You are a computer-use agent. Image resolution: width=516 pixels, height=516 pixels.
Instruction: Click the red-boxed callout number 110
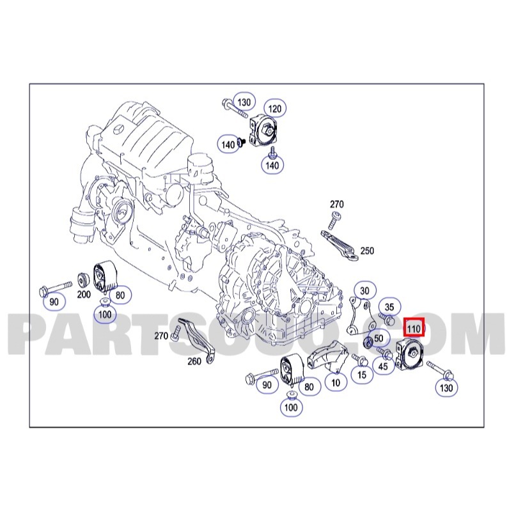point(414,328)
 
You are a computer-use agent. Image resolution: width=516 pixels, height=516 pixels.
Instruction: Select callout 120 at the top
point(275,109)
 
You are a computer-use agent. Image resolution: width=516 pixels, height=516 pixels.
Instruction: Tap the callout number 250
point(367,251)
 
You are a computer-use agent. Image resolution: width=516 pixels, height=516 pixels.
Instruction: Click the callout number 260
point(194,361)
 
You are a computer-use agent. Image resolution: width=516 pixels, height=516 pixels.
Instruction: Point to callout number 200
point(84,294)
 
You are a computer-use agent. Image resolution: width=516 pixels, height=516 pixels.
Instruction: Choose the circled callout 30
point(364,291)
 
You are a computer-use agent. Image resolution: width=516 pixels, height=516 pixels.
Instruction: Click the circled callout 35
point(389,308)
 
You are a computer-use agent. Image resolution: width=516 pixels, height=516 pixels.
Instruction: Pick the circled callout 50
point(379,338)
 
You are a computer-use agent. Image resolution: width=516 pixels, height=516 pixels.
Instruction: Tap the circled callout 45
point(383,366)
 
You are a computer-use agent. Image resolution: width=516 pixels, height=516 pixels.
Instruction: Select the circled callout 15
point(362,374)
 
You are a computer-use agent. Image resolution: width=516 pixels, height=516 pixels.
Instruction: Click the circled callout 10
point(336,382)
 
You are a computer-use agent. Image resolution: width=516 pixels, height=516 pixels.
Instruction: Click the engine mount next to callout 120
point(264,131)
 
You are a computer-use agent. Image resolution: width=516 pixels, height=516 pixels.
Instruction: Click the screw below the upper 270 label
point(334,220)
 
